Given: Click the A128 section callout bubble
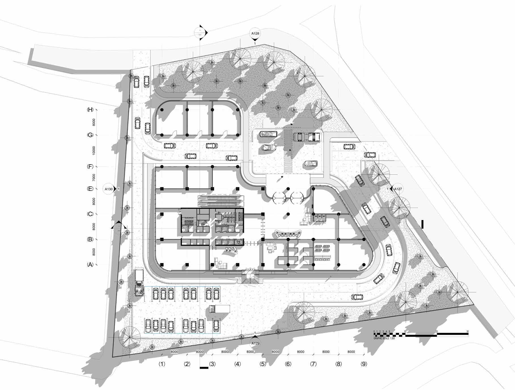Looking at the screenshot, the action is coord(255,33).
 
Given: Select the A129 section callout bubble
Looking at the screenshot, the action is coord(255,343).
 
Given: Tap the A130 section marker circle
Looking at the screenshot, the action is coord(109,189).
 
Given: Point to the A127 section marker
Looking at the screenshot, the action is coord(398,189).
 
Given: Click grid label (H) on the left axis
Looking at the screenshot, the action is coord(90,110).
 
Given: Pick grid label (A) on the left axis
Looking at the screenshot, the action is coord(90,265).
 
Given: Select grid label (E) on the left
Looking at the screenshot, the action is coord(90,189).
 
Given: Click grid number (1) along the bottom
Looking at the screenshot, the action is coord(162,364).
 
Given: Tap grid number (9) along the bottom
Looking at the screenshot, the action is coord(364,364).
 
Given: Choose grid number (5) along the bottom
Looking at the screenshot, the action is coord(263,364).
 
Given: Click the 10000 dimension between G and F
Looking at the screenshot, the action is coord(94,151).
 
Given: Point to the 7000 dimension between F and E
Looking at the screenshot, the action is coord(94,178).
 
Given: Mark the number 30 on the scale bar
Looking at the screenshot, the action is coord(467,332).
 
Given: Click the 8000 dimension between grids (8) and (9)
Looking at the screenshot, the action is coord(351,352).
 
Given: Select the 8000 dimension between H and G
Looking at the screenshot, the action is coord(94,122).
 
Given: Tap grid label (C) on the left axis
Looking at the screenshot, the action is coord(90,214).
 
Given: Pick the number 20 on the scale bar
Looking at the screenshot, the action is coord(436,332).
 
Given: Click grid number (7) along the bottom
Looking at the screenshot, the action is coord(313,364).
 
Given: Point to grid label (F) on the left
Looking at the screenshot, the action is coord(90,167).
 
